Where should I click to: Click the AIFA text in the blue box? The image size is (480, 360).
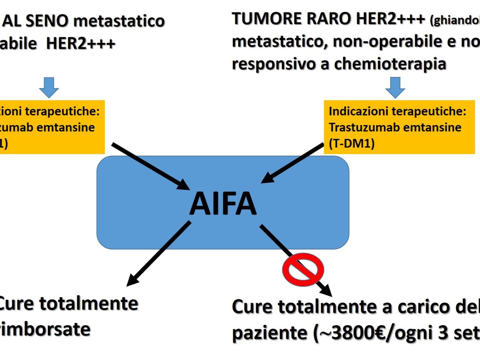point(222,203)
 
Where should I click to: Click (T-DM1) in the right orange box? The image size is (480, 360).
point(352,144)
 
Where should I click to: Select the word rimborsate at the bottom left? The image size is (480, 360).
point(44,330)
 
